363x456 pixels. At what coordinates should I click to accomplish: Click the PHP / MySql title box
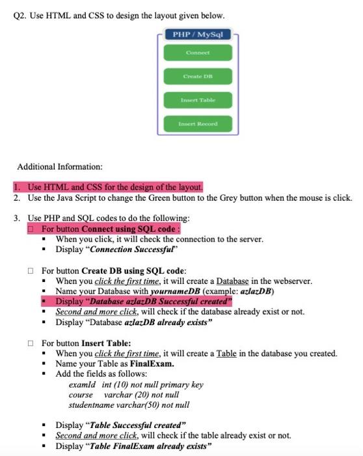click(x=198, y=34)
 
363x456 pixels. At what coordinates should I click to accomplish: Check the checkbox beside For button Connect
click(x=31, y=229)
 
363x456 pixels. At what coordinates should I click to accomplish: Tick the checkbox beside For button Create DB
click(x=31, y=270)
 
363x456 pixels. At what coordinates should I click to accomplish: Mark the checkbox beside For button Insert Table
click(x=31, y=343)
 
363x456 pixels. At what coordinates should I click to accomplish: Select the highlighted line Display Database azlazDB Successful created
click(x=144, y=302)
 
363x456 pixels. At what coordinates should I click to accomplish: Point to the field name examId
click(x=83, y=384)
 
